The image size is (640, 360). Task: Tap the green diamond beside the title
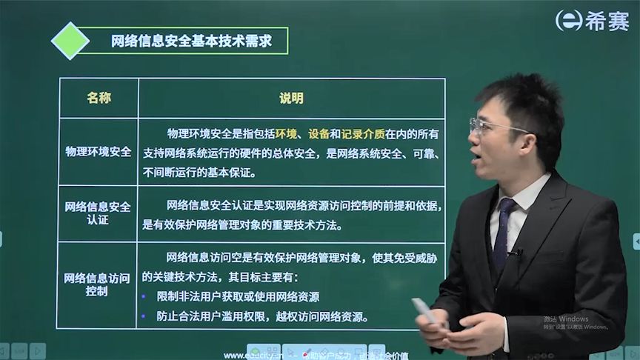70,41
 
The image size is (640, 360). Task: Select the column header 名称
99,98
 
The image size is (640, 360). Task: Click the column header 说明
291,98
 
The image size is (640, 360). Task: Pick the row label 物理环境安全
99,152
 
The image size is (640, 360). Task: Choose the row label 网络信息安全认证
98,213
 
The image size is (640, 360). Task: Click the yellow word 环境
286,134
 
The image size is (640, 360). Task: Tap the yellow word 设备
319,134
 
